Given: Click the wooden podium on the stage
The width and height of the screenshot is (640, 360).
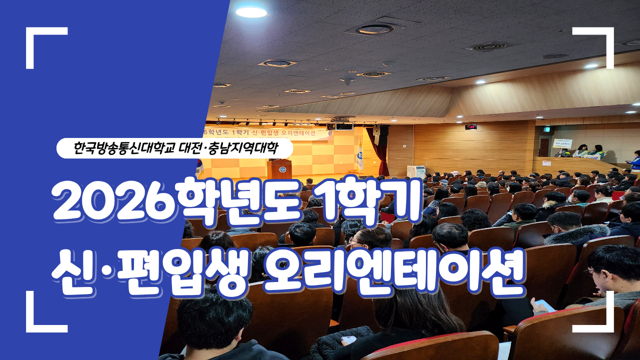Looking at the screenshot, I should (278, 169).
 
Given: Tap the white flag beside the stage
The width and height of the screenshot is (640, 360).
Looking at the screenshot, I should (359, 155).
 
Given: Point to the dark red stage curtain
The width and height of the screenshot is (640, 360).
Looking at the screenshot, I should (383, 150).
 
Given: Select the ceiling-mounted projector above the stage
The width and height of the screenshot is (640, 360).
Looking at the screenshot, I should (343, 126).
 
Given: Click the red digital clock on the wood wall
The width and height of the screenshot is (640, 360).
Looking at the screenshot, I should (470, 127).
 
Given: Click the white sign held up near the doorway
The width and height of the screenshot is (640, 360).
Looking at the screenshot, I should (562, 143).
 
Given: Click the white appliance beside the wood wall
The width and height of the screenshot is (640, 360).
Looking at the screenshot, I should (415, 171).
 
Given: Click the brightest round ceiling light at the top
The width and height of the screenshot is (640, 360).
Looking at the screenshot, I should (251, 12).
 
